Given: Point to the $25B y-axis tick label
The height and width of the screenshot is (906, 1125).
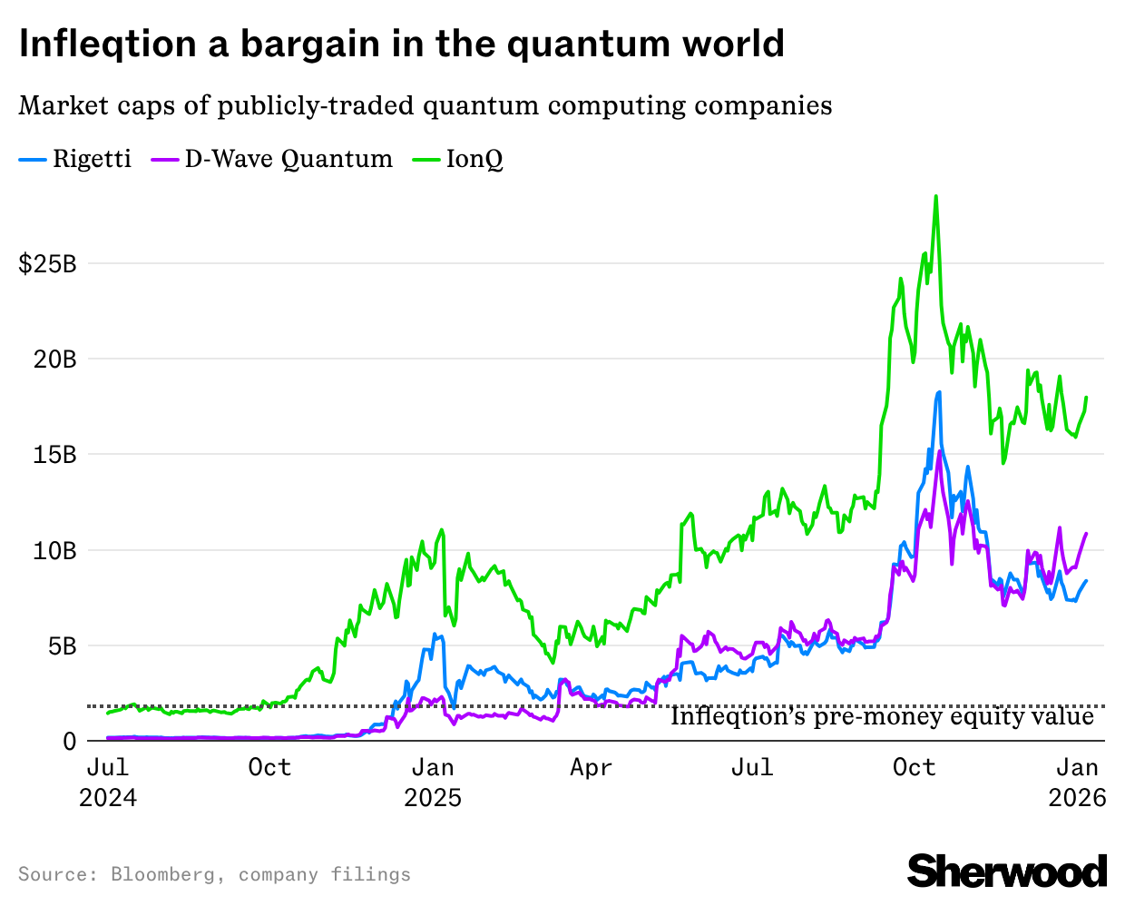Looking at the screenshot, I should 47,264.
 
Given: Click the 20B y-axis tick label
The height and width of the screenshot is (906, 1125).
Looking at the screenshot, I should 55,359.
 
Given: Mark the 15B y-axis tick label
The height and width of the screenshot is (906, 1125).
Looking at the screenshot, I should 55,455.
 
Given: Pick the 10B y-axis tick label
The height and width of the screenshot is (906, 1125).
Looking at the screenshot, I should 55,550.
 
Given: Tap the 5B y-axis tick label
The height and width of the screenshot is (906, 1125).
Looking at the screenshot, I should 61,646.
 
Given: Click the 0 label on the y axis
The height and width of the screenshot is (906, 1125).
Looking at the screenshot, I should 70,742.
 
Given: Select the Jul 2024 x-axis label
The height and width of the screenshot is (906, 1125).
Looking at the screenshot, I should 108,782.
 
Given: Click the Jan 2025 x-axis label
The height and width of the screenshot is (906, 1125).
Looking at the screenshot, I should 433,782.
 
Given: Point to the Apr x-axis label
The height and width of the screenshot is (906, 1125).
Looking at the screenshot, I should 592,768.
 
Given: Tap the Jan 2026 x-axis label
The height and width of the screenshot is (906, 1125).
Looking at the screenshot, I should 1077,782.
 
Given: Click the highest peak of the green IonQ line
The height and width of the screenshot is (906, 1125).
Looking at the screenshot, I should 935,196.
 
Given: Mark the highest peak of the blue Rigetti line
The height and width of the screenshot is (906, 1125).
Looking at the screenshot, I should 939,392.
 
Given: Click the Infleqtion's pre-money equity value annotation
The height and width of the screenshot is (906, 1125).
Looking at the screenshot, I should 882,717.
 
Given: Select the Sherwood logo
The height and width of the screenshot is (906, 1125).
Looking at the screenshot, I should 1007,872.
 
